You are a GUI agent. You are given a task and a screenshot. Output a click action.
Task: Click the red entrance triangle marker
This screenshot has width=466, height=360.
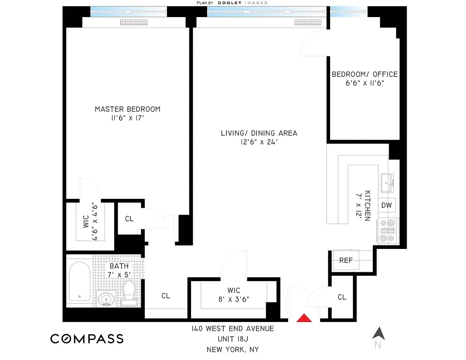click(x=304, y=318)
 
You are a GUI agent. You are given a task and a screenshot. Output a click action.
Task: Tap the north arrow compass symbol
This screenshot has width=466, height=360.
click(x=379, y=334)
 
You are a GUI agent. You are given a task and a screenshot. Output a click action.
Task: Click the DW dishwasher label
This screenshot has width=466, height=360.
click(x=386, y=205)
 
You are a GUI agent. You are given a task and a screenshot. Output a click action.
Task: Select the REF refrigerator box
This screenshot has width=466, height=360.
click(x=346, y=260)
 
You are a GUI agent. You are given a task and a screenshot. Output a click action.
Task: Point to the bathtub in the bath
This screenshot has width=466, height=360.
click(x=80, y=281)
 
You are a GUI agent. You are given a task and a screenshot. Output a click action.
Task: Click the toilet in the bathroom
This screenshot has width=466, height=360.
click(x=129, y=293)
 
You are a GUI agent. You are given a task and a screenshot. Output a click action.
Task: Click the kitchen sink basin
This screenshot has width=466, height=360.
click(x=387, y=183)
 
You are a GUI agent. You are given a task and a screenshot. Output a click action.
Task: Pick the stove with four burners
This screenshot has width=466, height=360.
click(x=388, y=231)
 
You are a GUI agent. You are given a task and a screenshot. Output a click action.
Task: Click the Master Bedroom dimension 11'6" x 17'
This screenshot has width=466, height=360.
click(x=127, y=118)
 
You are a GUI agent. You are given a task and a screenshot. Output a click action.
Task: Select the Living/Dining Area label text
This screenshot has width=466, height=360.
click(x=259, y=133)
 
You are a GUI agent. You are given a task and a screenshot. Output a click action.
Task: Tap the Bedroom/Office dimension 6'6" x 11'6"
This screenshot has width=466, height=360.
click(x=365, y=83)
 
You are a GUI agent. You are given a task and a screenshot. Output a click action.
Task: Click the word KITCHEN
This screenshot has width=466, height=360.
click(x=367, y=205)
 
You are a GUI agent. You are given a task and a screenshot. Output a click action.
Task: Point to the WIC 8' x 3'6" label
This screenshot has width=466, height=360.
click(x=234, y=295)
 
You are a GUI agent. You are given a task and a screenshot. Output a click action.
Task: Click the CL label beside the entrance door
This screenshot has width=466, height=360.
click(x=342, y=297)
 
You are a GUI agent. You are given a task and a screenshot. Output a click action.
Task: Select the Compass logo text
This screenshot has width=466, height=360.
click(x=87, y=339)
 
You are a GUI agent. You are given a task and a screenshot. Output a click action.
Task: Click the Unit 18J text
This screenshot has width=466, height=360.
click(x=233, y=339)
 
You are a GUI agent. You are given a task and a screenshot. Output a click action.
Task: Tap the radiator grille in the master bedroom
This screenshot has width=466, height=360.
click(x=134, y=22)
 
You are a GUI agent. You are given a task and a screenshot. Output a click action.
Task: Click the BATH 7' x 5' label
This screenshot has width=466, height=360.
click(x=119, y=270)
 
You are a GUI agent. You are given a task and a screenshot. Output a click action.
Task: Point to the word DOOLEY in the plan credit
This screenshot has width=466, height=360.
click(x=230, y=3)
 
